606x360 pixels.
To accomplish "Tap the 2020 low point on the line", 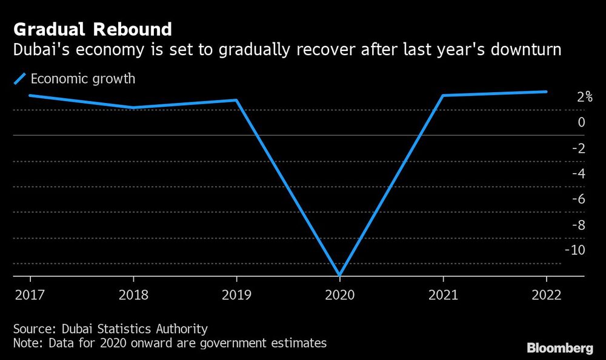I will point(339,275).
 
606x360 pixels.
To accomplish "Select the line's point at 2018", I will point(133,108).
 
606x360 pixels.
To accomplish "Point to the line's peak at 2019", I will point(236,100).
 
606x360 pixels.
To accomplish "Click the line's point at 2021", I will point(443,96).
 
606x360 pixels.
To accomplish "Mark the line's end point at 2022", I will point(546,92).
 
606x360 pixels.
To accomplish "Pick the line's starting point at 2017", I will point(30,95).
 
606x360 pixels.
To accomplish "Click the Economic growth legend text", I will point(82,78).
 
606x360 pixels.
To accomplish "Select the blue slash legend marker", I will point(20,78).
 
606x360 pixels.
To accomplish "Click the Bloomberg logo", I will point(559,348).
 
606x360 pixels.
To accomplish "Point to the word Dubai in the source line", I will point(78,329).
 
